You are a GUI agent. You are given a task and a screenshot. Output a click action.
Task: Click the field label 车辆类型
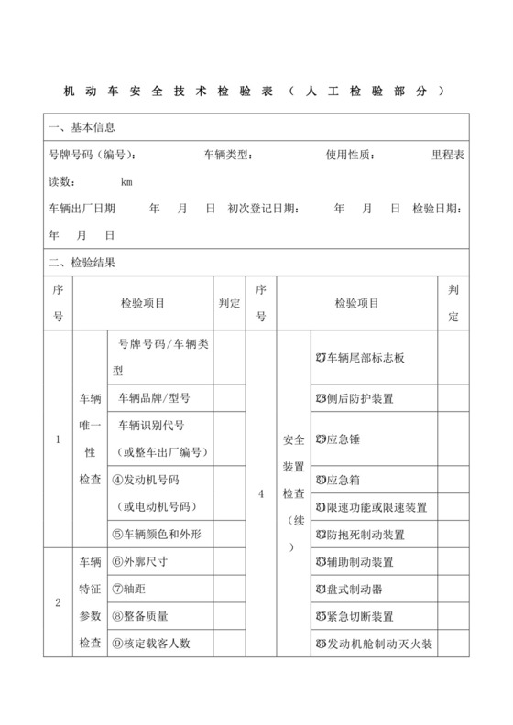228,154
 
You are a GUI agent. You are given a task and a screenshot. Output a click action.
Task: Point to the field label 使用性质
350,154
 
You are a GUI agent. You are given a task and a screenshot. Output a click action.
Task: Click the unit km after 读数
126,181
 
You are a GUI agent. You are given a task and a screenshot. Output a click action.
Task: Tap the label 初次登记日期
262,209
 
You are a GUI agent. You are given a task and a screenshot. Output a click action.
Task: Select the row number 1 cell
58,439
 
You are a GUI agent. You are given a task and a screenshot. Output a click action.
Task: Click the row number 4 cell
261,494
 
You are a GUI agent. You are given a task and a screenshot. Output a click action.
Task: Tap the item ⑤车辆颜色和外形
162,533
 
